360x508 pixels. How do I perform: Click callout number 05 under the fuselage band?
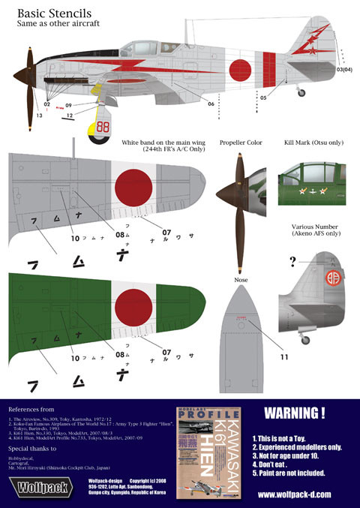click(263, 98)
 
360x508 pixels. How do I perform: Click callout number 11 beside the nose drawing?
click(284, 357)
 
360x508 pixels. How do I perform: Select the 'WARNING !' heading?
click(295, 413)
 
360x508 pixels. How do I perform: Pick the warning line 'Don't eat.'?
click(285, 464)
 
